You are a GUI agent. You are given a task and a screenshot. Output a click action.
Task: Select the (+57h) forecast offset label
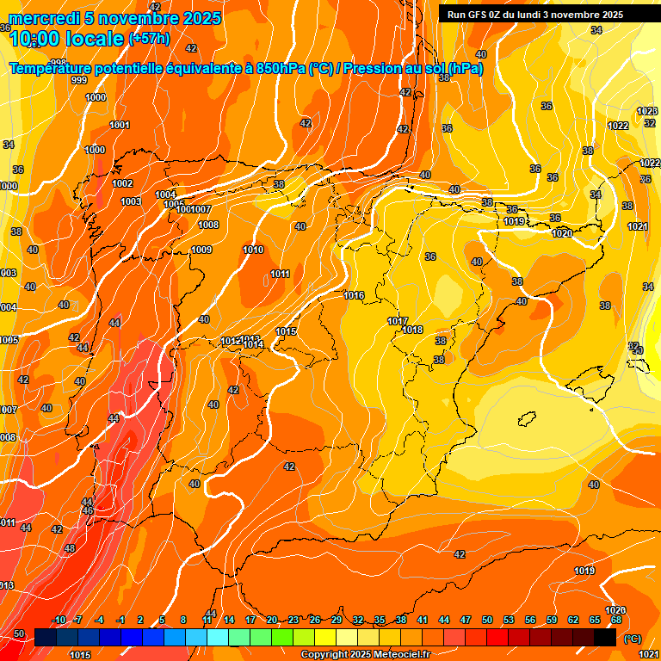[148, 39]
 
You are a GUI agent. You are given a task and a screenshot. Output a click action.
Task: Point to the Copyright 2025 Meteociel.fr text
[366, 654]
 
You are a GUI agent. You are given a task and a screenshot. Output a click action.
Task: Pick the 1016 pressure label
[354, 295]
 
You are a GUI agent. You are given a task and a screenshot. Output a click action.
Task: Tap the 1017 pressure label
[398, 321]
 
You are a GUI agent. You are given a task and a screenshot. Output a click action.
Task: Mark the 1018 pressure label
[412, 330]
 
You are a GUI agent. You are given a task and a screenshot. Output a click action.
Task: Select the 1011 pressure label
[280, 274]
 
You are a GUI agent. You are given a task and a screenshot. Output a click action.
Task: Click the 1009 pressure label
[201, 250]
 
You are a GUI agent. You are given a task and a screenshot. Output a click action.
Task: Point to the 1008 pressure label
[208, 225]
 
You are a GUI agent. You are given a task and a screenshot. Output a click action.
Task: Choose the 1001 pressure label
[120, 126]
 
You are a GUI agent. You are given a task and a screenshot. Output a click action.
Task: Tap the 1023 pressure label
[646, 112]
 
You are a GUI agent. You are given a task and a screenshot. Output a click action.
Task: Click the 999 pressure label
[79, 80]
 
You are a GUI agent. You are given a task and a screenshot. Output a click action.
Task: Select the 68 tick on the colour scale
[616, 621]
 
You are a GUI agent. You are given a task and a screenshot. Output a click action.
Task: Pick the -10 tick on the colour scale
[59, 621]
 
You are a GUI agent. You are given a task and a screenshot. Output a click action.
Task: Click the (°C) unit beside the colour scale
[632, 639]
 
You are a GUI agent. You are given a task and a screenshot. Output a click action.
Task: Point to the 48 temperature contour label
[70, 548]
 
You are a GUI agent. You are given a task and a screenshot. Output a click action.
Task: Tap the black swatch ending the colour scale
[604, 637]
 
